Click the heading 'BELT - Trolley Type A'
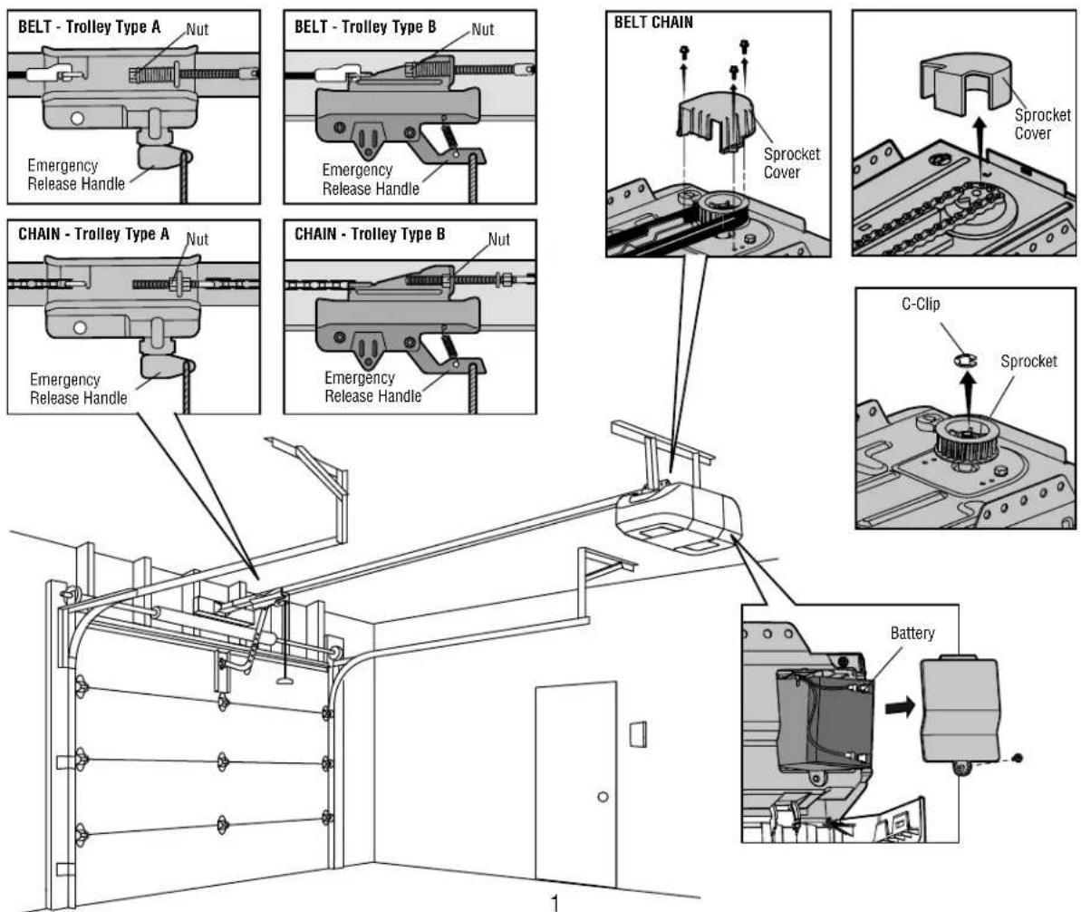(x=87, y=26)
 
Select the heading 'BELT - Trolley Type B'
(x=365, y=26)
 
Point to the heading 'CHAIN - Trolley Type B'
(x=370, y=233)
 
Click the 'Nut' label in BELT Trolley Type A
(x=198, y=29)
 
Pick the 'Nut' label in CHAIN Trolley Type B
(x=498, y=240)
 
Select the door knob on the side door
(x=602, y=797)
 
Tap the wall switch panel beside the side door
(x=638, y=733)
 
